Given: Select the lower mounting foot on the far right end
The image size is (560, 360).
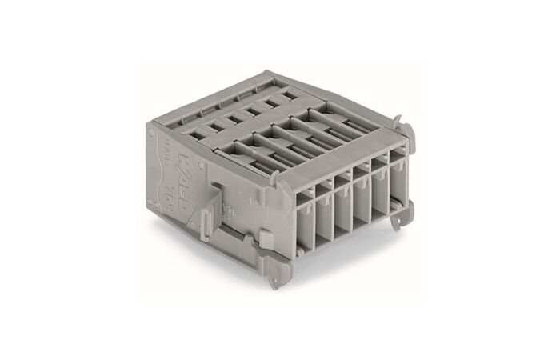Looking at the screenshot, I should pyautogui.click(x=410, y=210).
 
